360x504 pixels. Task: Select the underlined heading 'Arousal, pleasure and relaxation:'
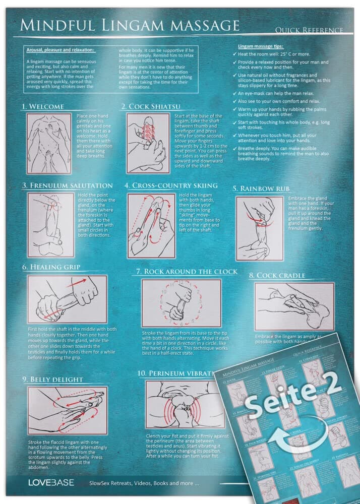tap(60, 50)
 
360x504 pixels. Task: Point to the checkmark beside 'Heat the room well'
tap(234, 53)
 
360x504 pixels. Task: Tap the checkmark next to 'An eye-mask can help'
tap(234, 94)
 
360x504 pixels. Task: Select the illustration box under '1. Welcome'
tap(49, 143)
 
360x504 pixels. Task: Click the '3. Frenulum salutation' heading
tap(67, 185)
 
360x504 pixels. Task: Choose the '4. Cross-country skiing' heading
tap(171, 185)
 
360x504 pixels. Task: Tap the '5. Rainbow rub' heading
tap(260, 188)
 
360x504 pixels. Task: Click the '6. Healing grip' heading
tap(51, 267)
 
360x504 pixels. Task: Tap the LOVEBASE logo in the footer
tap(51, 482)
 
